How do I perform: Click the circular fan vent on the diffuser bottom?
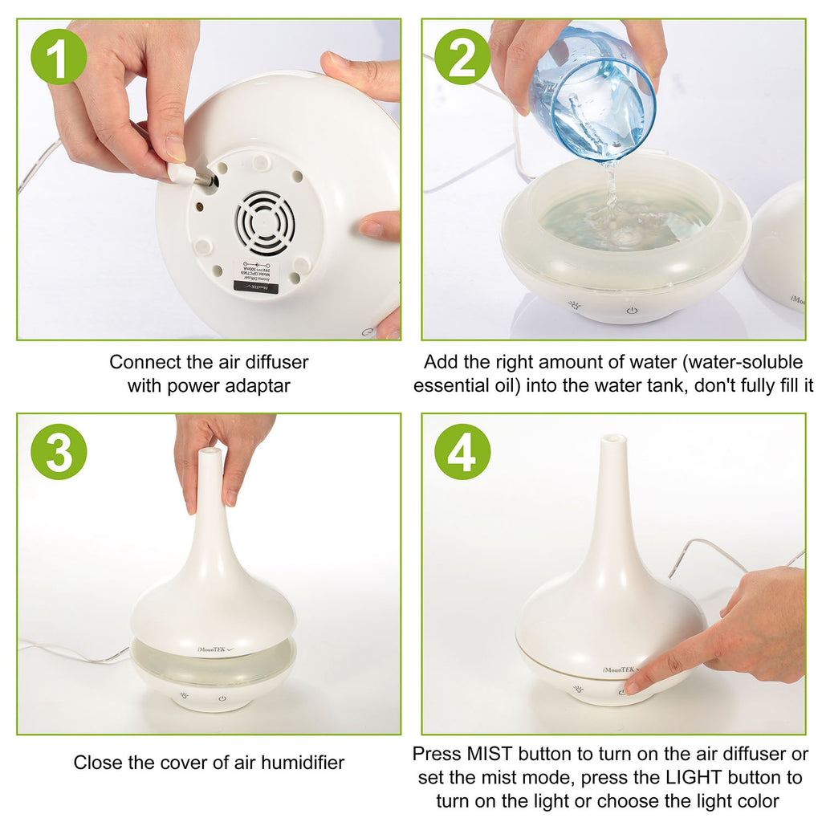pyautogui.click(x=265, y=221)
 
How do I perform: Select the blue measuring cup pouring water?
pyautogui.click(x=598, y=92)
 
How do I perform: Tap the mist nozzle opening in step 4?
pyautogui.click(x=614, y=439)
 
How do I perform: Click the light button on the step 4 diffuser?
pyautogui.click(x=578, y=689)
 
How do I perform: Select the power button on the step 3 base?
pyautogui.click(x=222, y=698)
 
